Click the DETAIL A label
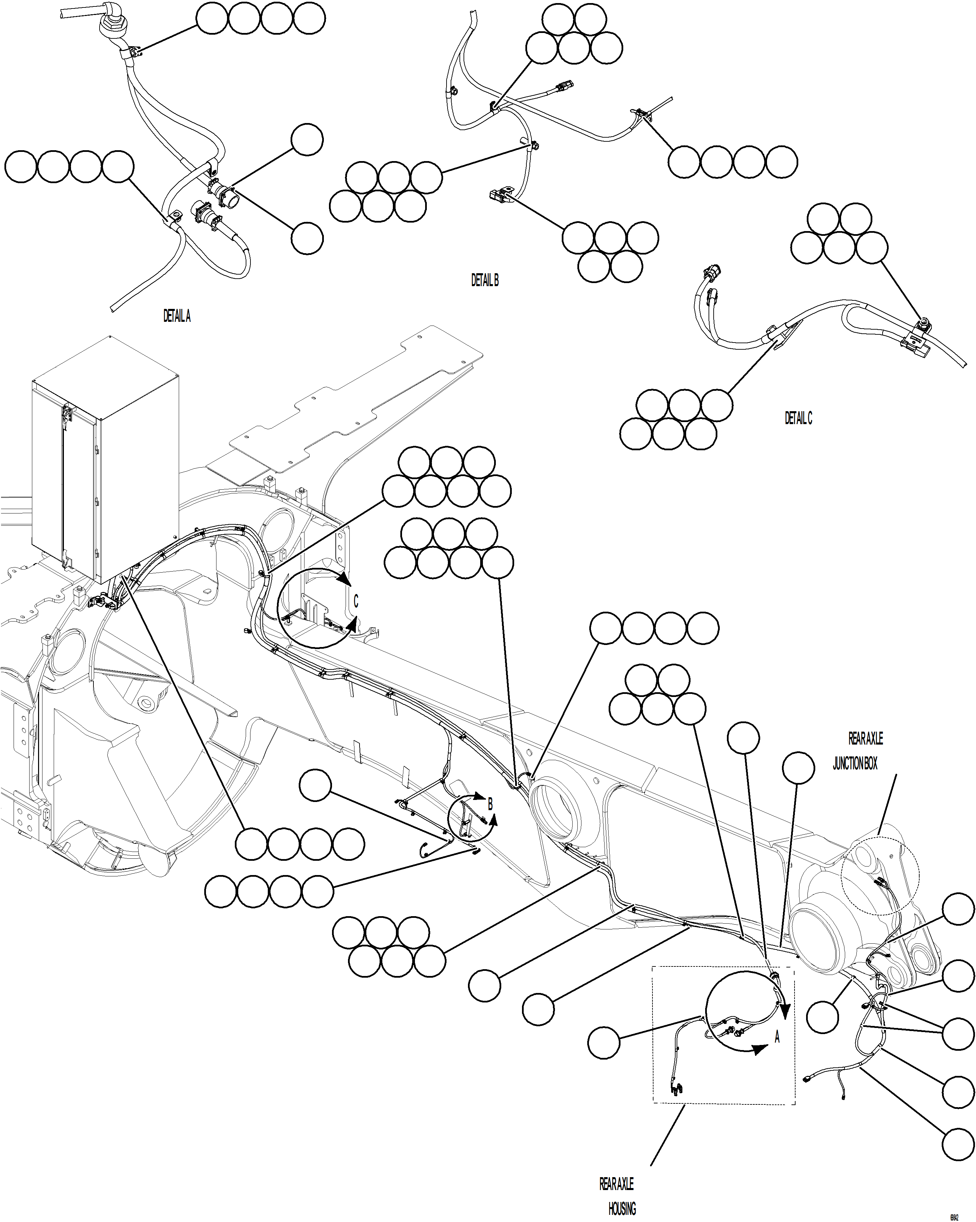click(x=177, y=316)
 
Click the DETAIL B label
click(x=485, y=280)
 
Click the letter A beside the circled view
click(x=777, y=1037)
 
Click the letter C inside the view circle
click(x=356, y=601)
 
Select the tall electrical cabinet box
click(x=105, y=459)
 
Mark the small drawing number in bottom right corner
click(x=955, y=1215)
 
